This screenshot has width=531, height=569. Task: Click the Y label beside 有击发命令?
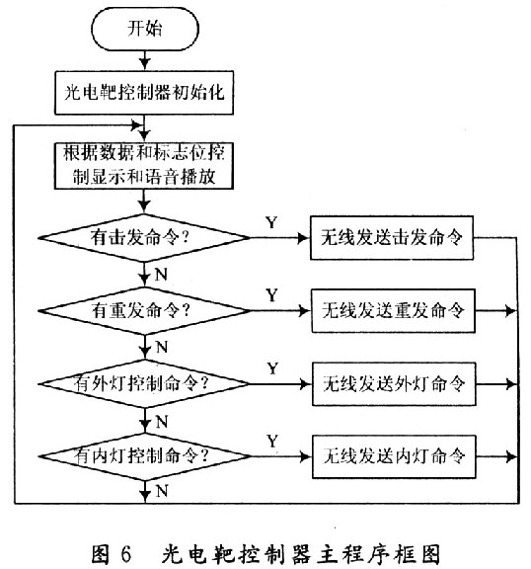(271, 222)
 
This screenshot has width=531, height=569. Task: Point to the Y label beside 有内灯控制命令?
(272, 442)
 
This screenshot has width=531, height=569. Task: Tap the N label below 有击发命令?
(161, 274)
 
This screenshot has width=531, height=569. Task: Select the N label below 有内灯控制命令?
(162, 491)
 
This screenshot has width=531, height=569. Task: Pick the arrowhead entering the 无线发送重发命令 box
(305, 310)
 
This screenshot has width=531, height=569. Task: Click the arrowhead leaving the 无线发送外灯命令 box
(511, 383)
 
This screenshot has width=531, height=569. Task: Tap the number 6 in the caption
(125, 554)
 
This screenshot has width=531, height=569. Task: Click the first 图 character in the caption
(101, 554)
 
